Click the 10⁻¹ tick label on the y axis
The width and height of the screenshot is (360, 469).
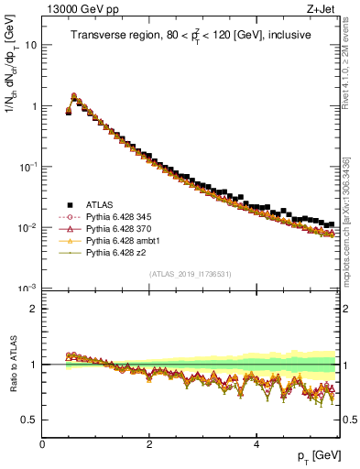point(28,167)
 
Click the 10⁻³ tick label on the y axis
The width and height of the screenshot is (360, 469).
point(28,289)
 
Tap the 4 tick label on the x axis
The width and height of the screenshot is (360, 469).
point(256,443)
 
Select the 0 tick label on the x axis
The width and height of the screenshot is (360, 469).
point(42,443)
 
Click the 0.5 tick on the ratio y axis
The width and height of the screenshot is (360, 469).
point(29,420)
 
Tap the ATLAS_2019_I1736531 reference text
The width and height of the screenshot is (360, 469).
point(191,274)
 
